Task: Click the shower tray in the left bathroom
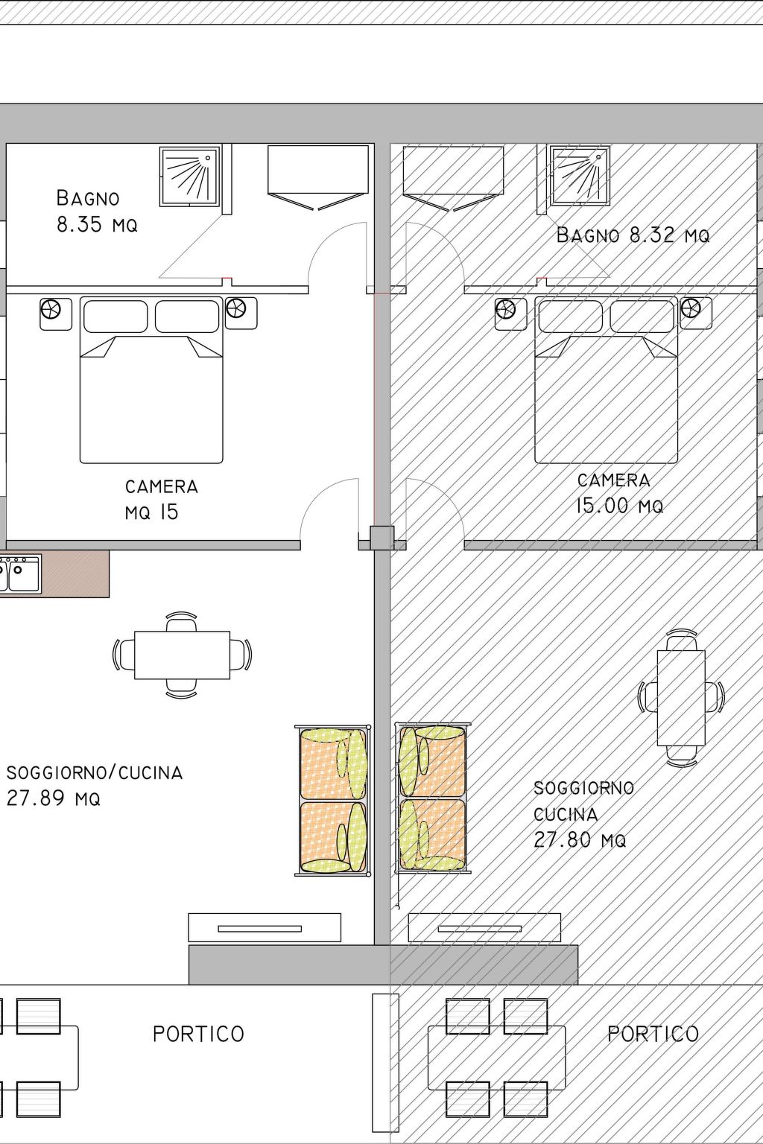point(189,177)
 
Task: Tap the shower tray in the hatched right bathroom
point(580,177)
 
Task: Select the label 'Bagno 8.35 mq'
point(97,211)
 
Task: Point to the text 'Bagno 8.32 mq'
point(633,235)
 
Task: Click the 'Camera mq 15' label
point(162,500)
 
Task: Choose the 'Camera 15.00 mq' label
point(619,493)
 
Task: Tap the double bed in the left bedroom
point(151,380)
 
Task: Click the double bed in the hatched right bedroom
point(606,380)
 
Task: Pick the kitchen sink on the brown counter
point(20,573)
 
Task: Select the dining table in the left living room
point(182,655)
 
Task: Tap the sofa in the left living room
point(332,801)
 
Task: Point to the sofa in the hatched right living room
point(433,798)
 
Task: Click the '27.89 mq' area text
point(53,798)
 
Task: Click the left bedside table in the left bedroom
point(56,314)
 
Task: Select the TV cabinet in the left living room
point(265,927)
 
